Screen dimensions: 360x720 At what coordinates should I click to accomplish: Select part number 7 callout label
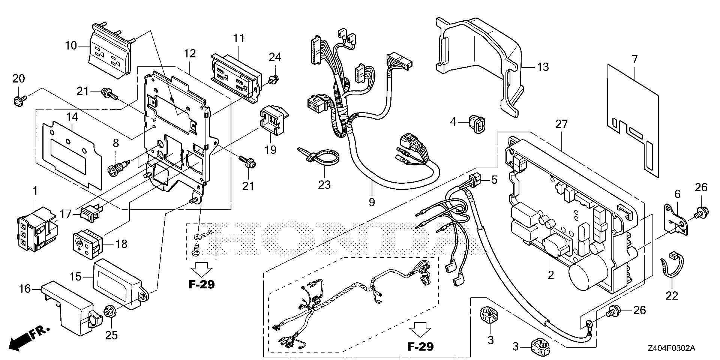click(x=634, y=59)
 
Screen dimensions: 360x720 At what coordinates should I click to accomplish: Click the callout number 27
click(x=561, y=124)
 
